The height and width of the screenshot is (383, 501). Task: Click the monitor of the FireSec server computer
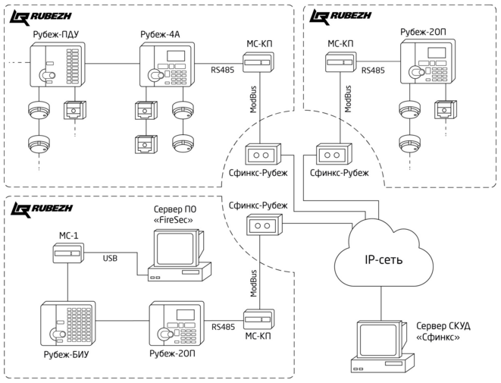tap(176, 248)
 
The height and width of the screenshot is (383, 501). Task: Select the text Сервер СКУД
tap(443, 326)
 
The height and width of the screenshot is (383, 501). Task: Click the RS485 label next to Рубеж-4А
tap(223, 69)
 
